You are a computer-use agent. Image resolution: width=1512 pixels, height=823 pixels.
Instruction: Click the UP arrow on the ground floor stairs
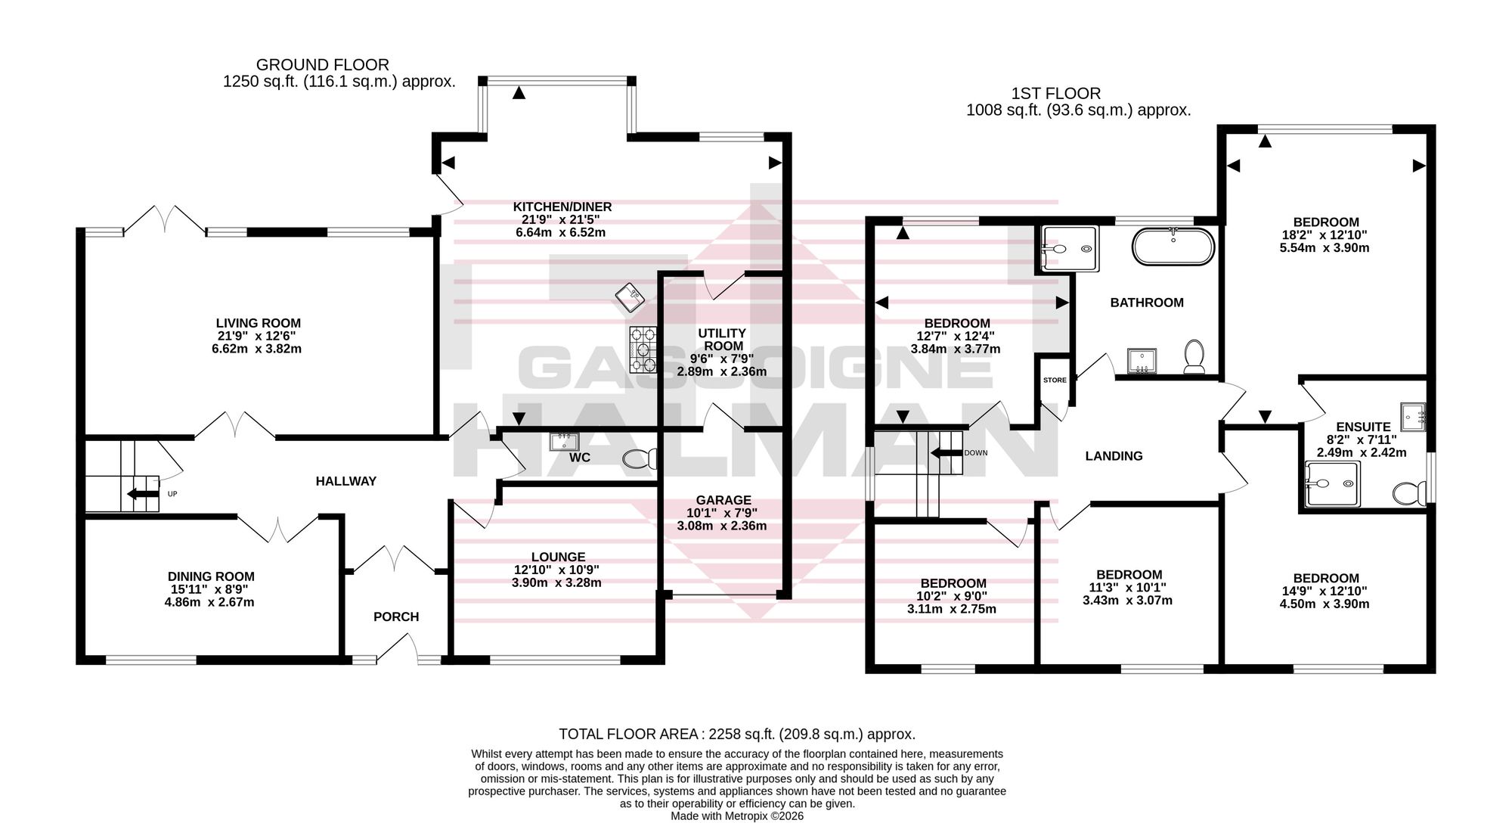(x=142, y=495)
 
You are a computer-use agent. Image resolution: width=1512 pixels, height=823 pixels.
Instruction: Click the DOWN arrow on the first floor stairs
(x=946, y=453)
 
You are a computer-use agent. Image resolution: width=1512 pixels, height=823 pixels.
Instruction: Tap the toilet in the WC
(x=641, y=458)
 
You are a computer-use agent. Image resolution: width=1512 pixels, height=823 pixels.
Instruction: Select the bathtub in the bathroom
(x=1173, y=246)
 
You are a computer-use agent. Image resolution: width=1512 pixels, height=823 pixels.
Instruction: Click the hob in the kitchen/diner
(x=643, y=349)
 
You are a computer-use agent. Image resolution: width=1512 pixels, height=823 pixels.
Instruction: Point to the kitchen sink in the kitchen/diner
(x=629, y=297)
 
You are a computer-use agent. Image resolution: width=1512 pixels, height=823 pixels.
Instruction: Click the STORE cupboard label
(x=1055, y=380)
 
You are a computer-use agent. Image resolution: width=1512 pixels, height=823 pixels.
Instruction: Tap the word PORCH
(x=396, y=616)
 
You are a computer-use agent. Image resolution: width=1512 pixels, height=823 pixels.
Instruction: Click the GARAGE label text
(x=723, y=500)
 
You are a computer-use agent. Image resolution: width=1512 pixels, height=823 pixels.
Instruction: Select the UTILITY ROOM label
(x=722, y=340)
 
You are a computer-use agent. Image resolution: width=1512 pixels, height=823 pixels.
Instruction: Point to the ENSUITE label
(x=1363, y=427)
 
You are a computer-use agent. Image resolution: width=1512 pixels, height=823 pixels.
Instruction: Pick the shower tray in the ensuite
(x=1332, y=484)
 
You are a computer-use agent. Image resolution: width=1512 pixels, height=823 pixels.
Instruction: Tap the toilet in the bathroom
(x=1194, y=356)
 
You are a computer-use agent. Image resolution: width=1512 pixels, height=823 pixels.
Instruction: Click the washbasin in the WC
(x=564, y=441)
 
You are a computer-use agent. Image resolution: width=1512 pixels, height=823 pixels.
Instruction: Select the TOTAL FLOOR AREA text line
(x=737, y=734)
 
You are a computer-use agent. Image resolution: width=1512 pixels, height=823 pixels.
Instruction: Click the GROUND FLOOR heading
(x=323, y=65)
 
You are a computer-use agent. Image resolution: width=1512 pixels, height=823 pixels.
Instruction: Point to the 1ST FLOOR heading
(x=1056, y=94)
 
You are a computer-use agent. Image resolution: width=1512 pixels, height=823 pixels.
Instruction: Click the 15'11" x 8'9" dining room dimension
(x=209, y=589)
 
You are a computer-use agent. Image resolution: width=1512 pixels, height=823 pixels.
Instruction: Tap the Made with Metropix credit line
(x=737, y=816)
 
